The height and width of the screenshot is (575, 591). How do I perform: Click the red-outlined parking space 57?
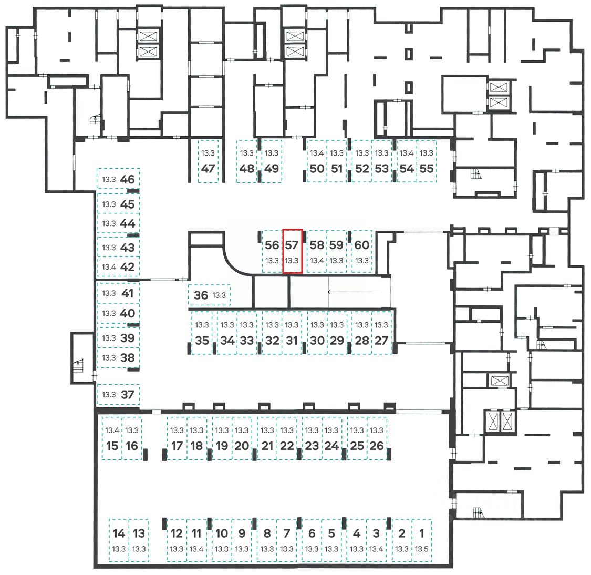292,251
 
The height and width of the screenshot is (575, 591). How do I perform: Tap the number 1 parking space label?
421,533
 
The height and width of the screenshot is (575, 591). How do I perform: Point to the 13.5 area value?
421,549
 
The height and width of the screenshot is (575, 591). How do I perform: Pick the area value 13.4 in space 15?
112,430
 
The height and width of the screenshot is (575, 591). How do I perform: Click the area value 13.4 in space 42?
109,267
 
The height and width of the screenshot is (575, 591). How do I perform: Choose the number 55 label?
427,169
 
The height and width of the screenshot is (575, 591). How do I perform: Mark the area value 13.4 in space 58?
317,261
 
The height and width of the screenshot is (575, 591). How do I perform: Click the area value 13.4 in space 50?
317,153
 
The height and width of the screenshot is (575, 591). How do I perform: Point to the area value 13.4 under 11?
196,549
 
